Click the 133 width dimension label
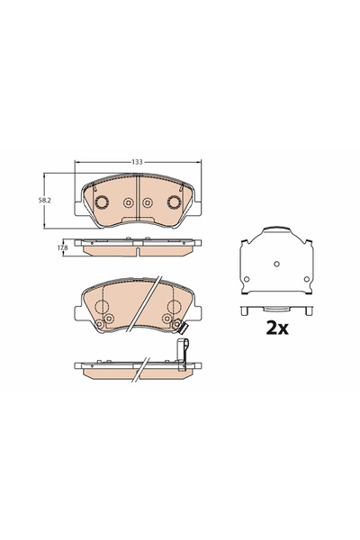tap(137, 162)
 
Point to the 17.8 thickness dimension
tap(62, 247)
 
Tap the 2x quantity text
tap(275, 328)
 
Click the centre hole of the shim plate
tap(276, 264)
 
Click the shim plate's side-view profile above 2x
tap(276, 310)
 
